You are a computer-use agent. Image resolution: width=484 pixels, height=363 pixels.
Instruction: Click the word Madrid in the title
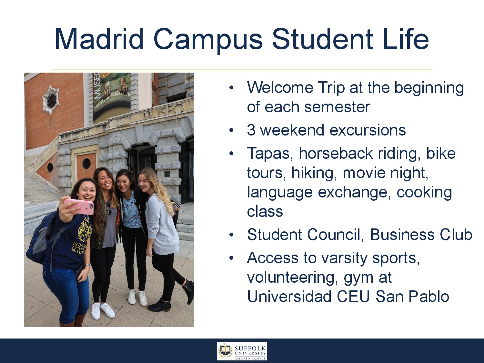tap(99, 39)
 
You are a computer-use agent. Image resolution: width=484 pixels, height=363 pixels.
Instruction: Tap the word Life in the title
tap(406, 39)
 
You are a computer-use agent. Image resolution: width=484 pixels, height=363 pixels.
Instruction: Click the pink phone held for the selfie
tap(79, 207)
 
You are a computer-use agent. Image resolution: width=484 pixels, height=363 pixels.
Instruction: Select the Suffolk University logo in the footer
tap(242, 351)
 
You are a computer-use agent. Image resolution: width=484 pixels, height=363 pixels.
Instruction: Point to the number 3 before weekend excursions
tap(251, 130)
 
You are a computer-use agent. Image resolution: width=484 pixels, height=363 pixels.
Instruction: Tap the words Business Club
tap(421, 234)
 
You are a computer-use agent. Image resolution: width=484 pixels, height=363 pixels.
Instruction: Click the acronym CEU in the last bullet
tap(353, 297)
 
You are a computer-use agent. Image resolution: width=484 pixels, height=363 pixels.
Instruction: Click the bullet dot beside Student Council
tap(231, 235)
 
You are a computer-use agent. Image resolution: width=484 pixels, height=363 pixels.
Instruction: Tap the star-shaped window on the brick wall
tap(51, 100)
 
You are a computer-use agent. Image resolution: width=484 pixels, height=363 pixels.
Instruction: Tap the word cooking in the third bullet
tap(424, 193)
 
